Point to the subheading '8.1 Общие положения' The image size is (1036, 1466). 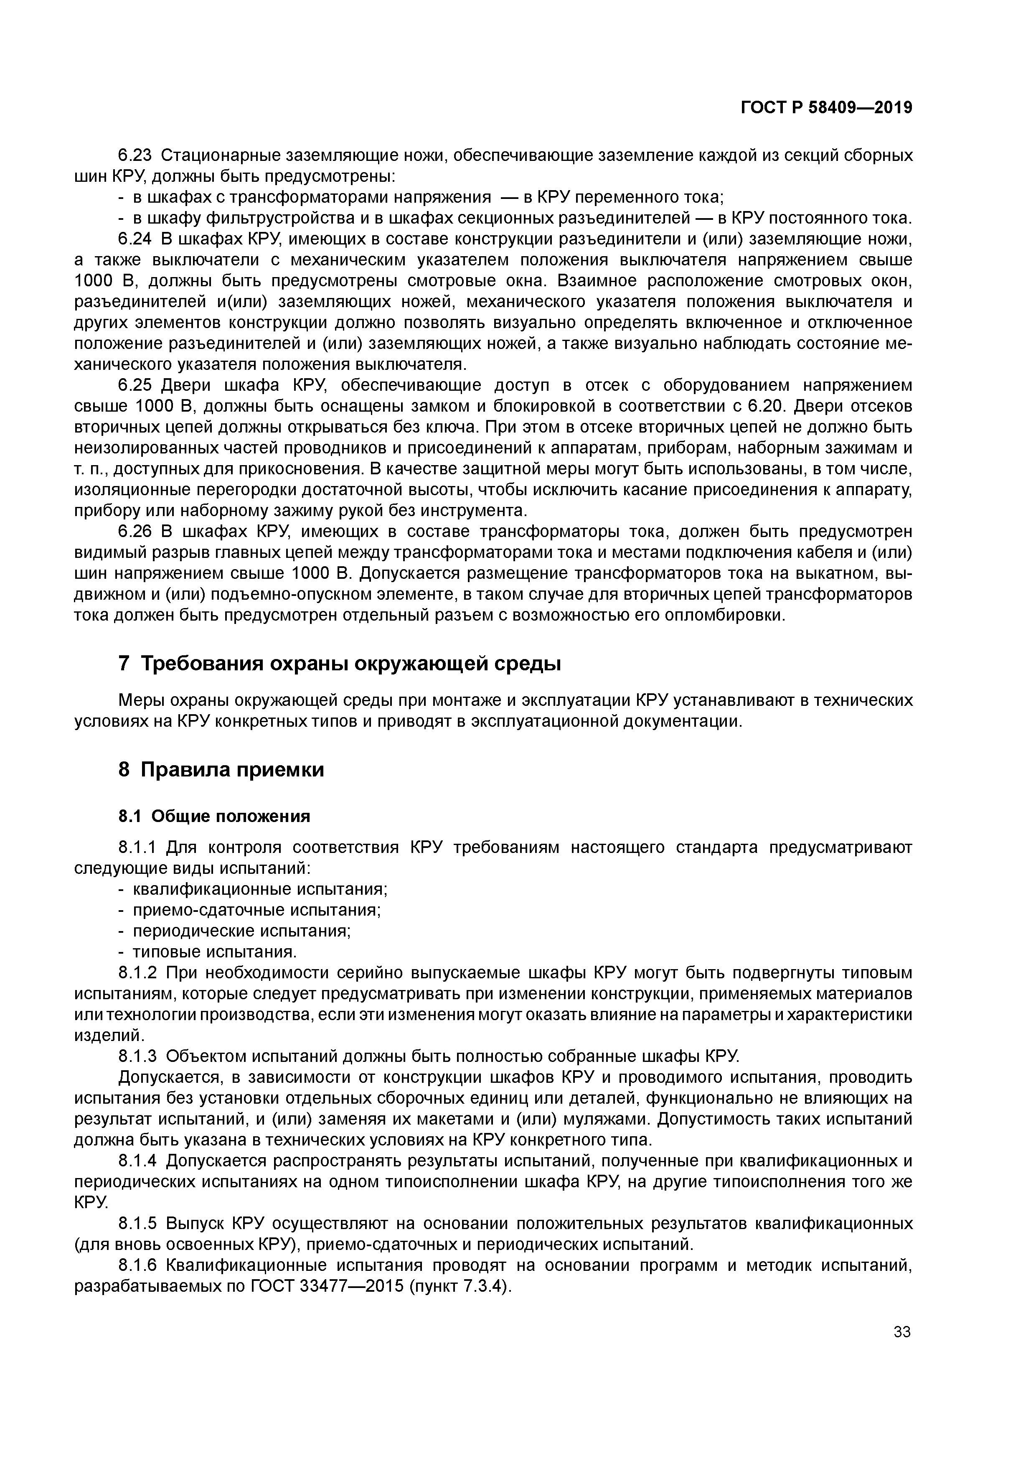coord(214,816)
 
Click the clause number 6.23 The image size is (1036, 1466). coord(135,155)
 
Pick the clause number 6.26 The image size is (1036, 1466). coord(135,532)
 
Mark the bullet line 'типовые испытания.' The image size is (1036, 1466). coord(214,952)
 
